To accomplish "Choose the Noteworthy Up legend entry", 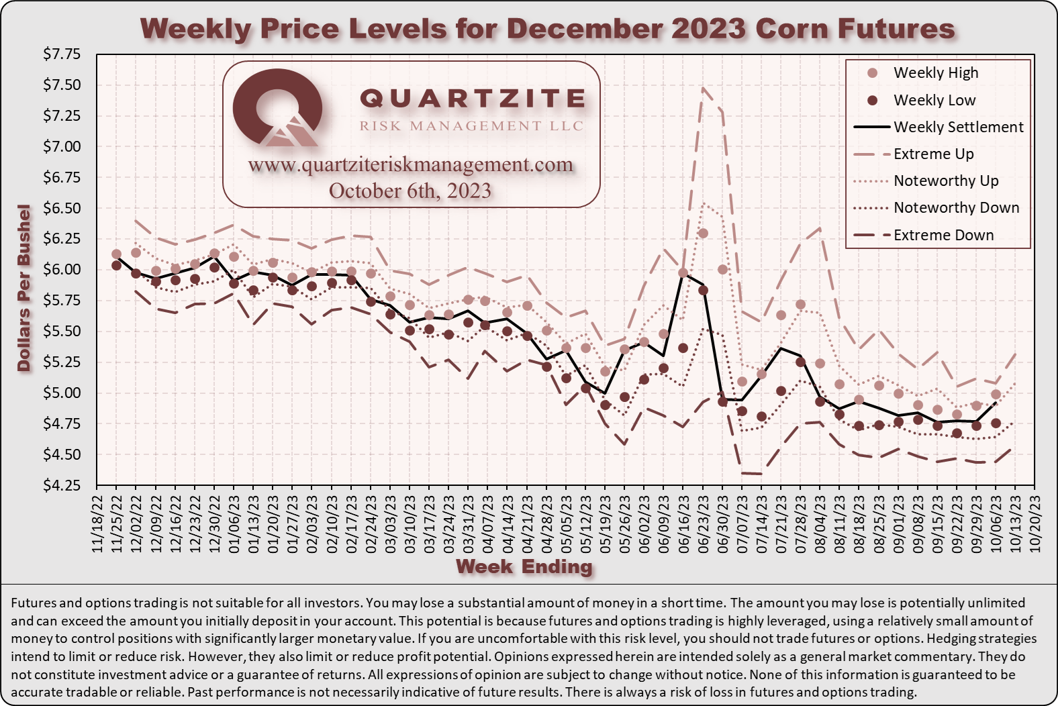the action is (x=926, y=181).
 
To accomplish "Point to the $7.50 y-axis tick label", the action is (x=62, y=85).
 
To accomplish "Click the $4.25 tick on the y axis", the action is (x=62, y=485).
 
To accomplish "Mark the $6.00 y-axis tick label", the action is (x=62, y=270).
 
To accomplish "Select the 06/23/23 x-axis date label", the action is (x=703, y=525).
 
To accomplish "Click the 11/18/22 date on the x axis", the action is (x=97, y=525).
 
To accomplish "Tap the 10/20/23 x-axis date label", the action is (x=1035, y=525).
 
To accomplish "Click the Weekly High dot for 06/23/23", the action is (x=703, y=234).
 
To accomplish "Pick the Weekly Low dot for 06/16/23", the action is (x=683, y=348).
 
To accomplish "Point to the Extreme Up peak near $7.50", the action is (x=703, y=87).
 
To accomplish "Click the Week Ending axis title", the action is (x=524, y=566).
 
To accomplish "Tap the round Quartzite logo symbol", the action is (x=278, y=109).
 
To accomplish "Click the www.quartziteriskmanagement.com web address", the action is (x=410, y=165).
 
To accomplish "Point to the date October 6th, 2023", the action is (x=410, y=191).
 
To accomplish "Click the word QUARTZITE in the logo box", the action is (x=473, y=98).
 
